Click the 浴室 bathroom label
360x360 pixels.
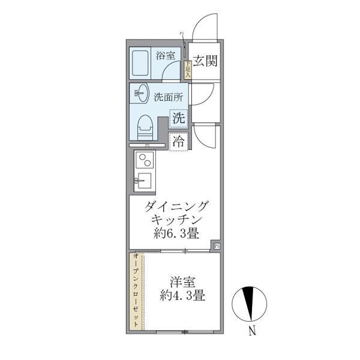165,56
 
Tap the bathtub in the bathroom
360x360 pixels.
142,62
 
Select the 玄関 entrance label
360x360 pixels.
205,61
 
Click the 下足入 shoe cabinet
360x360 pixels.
187,70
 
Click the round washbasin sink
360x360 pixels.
142,94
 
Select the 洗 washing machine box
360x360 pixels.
179,118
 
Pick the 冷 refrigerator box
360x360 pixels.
179,142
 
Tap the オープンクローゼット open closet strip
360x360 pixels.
136,292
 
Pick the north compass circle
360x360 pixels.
251,303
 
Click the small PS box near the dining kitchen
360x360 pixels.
217,245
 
